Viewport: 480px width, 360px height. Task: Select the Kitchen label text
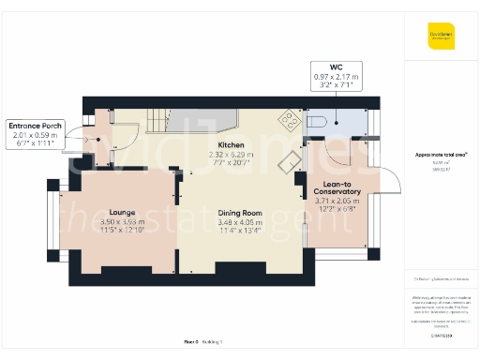point(232,145)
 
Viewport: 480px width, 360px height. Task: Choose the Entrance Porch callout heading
point(35,125)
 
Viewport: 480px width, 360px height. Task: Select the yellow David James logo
point(442,40)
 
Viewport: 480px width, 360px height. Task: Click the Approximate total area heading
point(441,155)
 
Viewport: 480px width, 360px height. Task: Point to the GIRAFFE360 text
point(441,334)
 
